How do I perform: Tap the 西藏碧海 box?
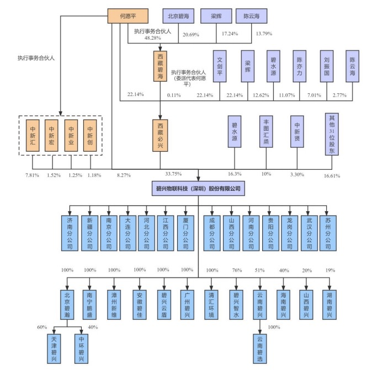coord(160,67)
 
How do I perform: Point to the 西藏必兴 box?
coord(160,132)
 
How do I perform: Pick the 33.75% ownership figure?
coord(160,174)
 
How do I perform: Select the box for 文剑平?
coord(220,66)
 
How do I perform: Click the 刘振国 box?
coord(326,66)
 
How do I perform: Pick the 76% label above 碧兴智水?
coord(237,270)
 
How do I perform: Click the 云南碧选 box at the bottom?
coord(261,348)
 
